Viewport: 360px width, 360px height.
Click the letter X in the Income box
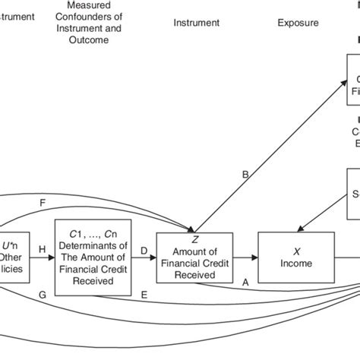point(297,251)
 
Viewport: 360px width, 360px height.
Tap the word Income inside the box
point(297,263)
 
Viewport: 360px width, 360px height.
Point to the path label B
point(245,175)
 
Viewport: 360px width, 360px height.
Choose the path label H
point(42,249)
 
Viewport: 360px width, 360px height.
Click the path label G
point(43,292)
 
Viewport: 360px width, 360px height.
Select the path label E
point(144,292)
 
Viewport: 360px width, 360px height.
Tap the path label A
point(245,280)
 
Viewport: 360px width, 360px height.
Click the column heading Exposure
point(296,23)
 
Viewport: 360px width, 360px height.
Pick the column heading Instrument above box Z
point(197,23)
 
